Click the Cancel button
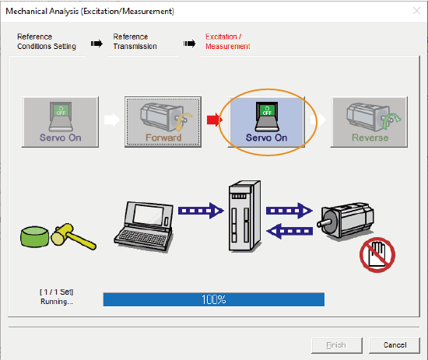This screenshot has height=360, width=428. pos(395,345)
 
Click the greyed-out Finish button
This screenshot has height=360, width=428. pos(337,345)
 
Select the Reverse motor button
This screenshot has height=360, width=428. pos(369,122)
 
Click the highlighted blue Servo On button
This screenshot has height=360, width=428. pos(266,122)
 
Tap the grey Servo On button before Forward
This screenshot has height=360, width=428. pos(60,122)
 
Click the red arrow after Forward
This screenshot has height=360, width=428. pos(215,120)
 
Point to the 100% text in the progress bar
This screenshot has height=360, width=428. pos(214,299)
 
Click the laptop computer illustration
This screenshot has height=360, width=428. pos(144,227)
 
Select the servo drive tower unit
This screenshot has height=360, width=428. pos(244,215)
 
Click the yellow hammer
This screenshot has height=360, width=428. pos(73,236)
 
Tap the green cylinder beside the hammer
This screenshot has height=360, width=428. pos(35,237)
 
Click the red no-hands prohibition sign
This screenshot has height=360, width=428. pos(377,255)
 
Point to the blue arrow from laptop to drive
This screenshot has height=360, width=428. pos(201,211)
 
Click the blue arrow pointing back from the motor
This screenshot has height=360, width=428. pos(289,231)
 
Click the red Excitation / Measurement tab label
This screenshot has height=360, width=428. pos(228,41)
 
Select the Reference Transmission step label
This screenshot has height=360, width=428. pos(135,41)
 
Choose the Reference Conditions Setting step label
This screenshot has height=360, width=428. pos(47,41)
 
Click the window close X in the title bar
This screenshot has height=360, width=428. pos(416,11)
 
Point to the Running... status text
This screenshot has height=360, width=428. pos(57,302)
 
